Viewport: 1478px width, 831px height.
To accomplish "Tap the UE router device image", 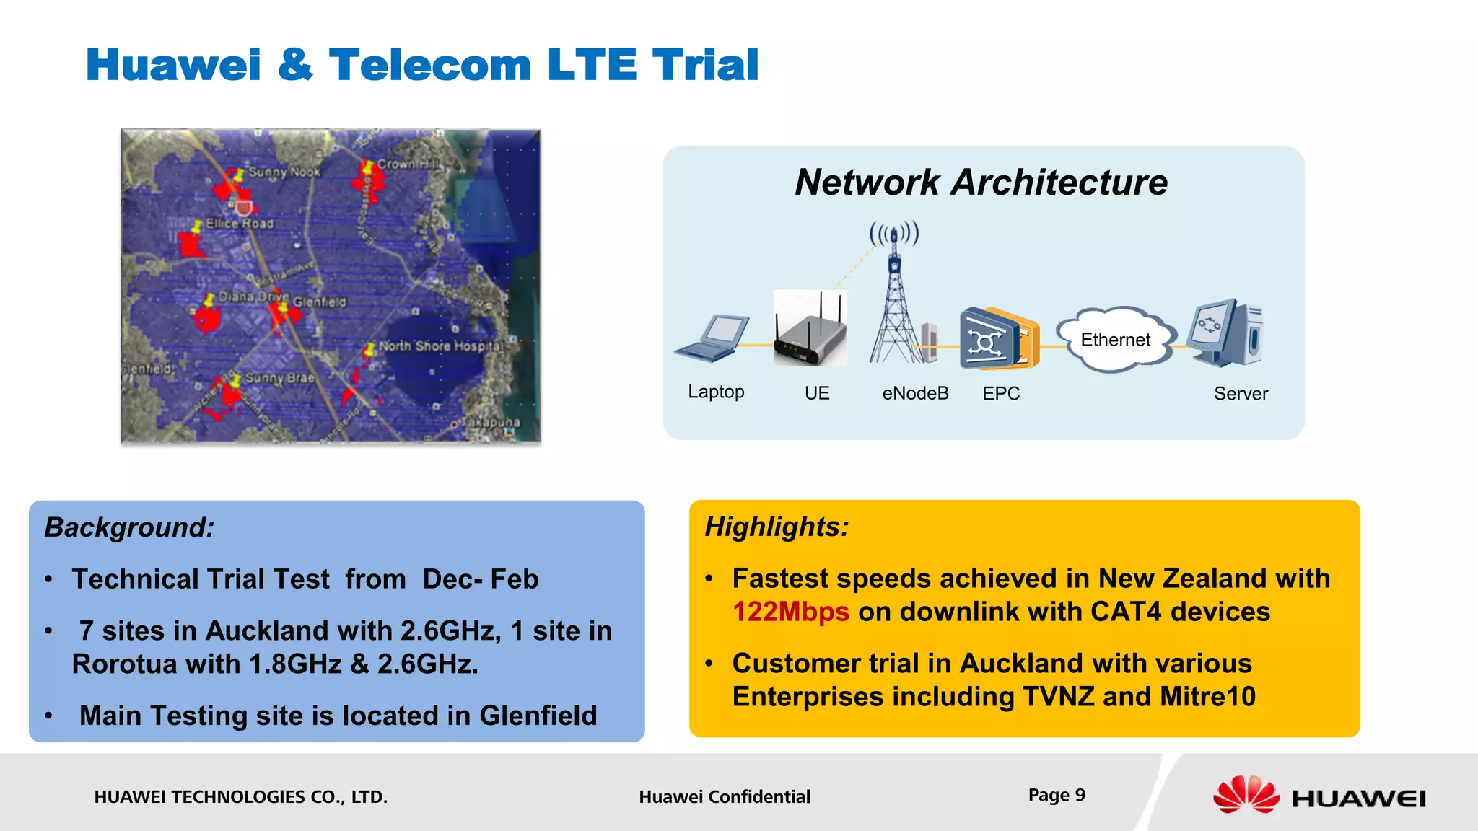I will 810,329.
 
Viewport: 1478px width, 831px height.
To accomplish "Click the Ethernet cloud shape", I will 1115,340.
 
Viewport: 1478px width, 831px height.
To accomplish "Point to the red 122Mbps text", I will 790,612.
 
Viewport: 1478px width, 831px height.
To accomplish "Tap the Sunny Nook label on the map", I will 284,172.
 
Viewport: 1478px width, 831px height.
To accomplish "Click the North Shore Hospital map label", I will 440,346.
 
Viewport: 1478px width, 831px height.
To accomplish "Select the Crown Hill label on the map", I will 408,164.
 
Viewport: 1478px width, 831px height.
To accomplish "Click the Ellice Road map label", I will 240,224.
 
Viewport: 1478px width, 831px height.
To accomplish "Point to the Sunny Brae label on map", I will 279,378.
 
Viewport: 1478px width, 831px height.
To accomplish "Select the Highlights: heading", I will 777,527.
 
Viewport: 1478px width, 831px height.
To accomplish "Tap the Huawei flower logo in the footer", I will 1246,795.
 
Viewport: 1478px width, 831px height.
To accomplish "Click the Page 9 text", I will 1057,795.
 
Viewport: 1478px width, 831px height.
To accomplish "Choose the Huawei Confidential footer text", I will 725,796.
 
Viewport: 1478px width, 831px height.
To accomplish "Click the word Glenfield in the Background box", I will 538,716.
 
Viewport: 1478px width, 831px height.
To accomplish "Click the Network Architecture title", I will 981,182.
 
